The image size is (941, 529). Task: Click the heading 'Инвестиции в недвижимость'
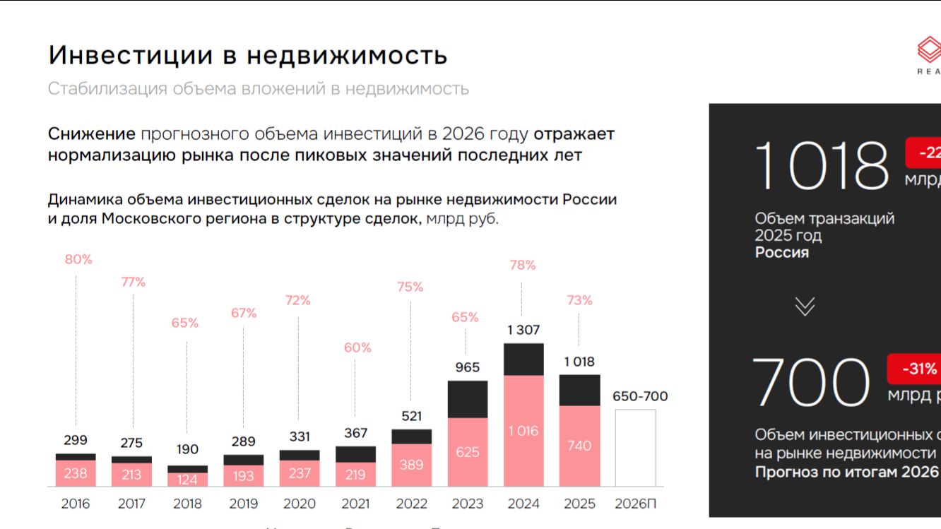coord(247,55)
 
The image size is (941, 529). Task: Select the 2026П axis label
coord(635,504)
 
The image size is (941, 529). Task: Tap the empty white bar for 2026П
coord(635,448)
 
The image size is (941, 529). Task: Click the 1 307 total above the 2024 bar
coord(523,330)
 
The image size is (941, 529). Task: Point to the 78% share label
coord(523,265)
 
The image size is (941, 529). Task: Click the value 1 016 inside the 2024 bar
coord(523,431)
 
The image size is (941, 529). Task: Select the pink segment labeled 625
coord(468,452)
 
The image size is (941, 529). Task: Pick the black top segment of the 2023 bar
coord(468,399)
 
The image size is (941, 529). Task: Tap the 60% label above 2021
coord(357,347)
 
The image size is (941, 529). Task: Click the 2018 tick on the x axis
coord(187,504)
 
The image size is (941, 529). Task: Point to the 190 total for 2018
coord(187,449)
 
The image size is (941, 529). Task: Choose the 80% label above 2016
coord(78,259)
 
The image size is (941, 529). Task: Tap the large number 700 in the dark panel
coord(811,383)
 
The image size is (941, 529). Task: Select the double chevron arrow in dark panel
coord(805,306)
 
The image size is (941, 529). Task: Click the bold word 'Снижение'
coord(91,134)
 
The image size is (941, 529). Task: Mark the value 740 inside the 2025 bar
coord(579,446)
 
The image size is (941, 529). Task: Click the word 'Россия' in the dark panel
coord(781,253)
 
